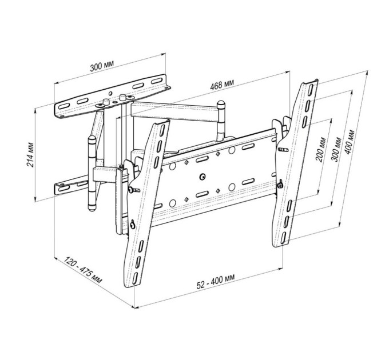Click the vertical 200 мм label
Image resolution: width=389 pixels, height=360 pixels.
(x=324, y=150)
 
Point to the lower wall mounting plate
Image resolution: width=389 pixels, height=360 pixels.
(x=72, y=187)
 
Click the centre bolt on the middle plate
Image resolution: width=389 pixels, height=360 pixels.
(x=203, y=177)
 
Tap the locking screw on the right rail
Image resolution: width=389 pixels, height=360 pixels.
(x=280, y=184)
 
